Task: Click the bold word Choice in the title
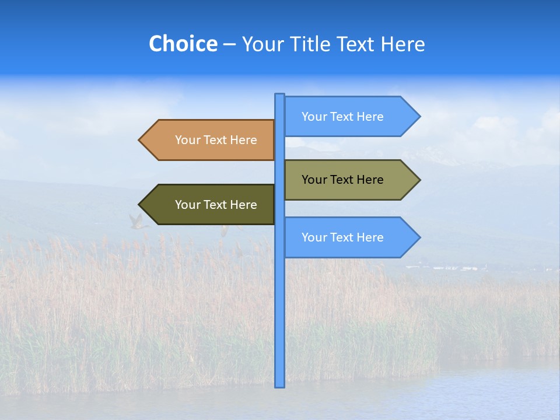(183, 44)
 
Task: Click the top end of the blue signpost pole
(279, 95)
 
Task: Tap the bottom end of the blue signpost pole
(279, 386)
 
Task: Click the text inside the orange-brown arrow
(216, 140)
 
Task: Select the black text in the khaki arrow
(342, 180)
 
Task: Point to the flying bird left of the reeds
(136, 222)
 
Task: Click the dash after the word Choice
(229, 45)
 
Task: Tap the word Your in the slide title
(262, 44)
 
